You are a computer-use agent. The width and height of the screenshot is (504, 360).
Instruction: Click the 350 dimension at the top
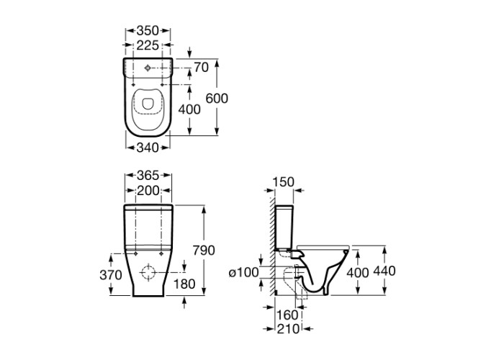point(148,31)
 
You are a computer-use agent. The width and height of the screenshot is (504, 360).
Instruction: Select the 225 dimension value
point(148,45)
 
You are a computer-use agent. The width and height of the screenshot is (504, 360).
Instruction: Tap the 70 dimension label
point(202,68)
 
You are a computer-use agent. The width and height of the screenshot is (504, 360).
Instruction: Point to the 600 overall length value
point(217,99)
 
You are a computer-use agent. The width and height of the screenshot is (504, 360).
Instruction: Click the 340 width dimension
point(148,148)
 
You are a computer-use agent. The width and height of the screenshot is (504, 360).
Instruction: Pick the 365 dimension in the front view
point(148,176)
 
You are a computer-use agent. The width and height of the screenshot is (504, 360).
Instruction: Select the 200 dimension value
point(148,191)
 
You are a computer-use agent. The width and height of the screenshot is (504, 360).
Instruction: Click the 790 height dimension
point(204,250)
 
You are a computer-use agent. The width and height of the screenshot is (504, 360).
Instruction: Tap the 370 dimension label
point(111,275)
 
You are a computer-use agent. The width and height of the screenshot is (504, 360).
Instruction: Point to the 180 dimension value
point(184,284)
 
